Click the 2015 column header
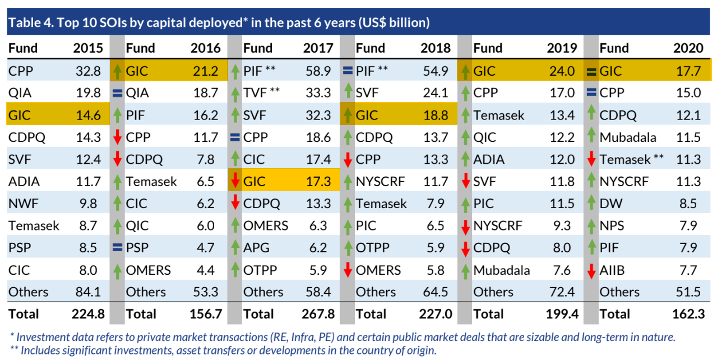(88, 48)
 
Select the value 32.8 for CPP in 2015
(88, 71)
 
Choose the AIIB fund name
(612, 270)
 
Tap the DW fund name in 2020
(610, 204)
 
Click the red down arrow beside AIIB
(590, 270)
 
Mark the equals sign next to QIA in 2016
(117, 93)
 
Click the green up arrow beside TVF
(235, 93)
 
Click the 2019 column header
(562, 48)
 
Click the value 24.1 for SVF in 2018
(438, 93)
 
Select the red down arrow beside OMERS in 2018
(348, 270)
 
